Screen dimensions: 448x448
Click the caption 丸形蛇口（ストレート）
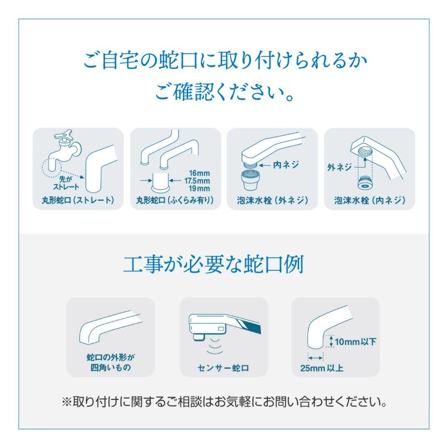[x=78, y=200]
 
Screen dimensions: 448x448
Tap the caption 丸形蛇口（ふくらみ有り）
[x=175, y=200]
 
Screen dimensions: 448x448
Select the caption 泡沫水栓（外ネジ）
[x=272, y=200]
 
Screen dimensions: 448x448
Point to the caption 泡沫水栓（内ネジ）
[x=369, y=200]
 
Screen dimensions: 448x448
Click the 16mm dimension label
[x=199, y=173]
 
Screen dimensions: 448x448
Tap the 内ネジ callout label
[x=286, y=165]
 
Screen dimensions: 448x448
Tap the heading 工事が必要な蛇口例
[x=214, y=265]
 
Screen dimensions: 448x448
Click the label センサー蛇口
[x=224, y=367]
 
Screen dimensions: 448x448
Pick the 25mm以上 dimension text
[x=322, y=368]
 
